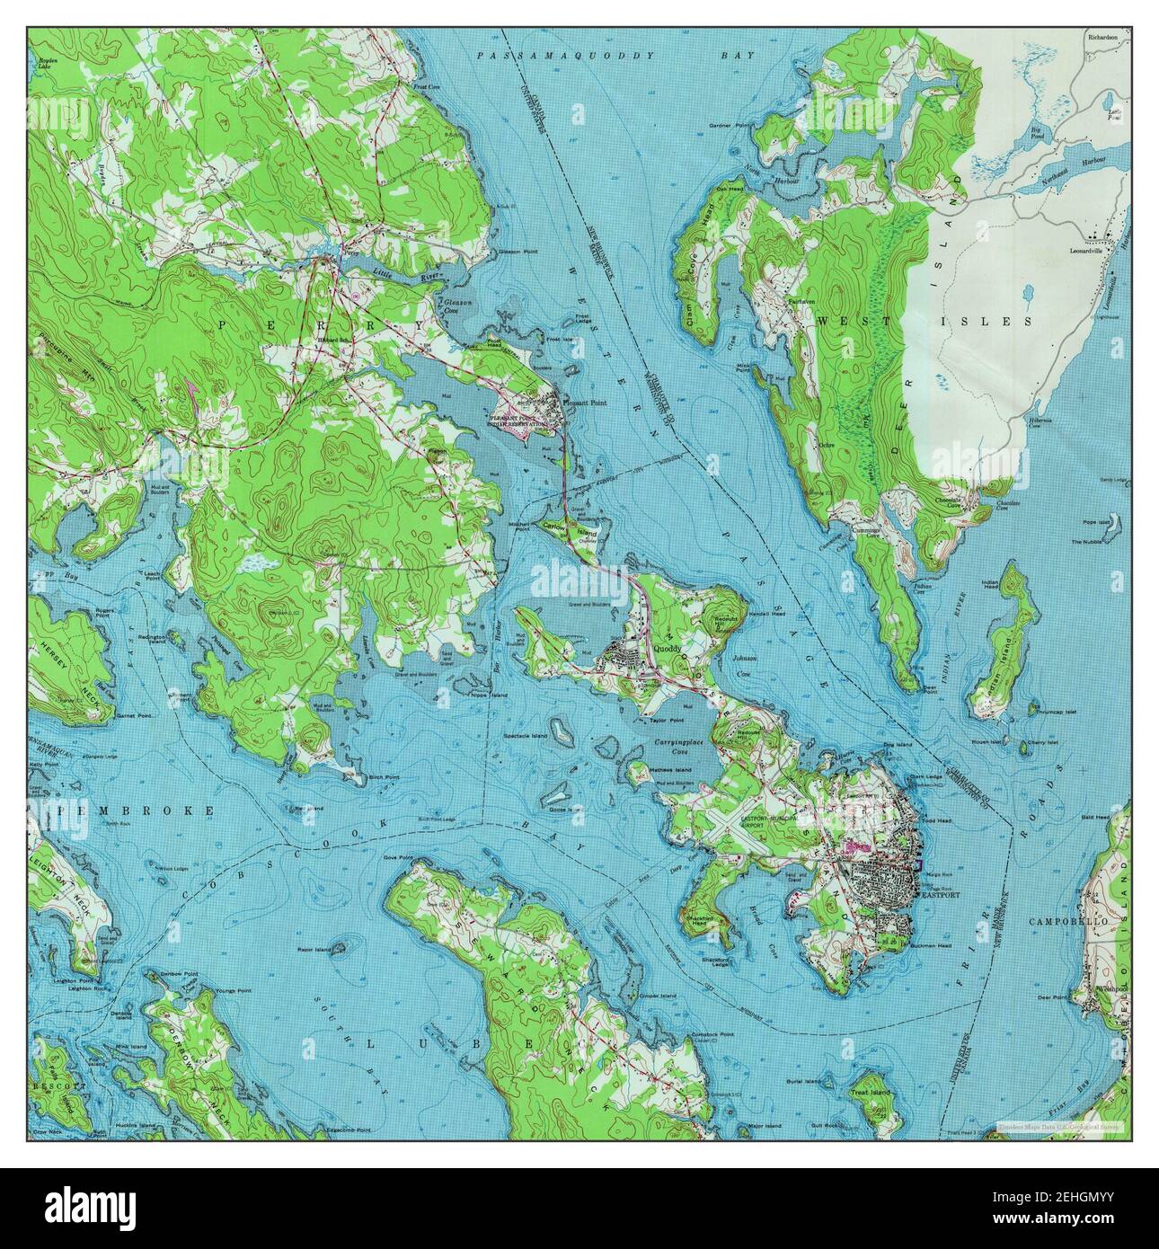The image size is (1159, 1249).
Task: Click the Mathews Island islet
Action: (x=670, y=770)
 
